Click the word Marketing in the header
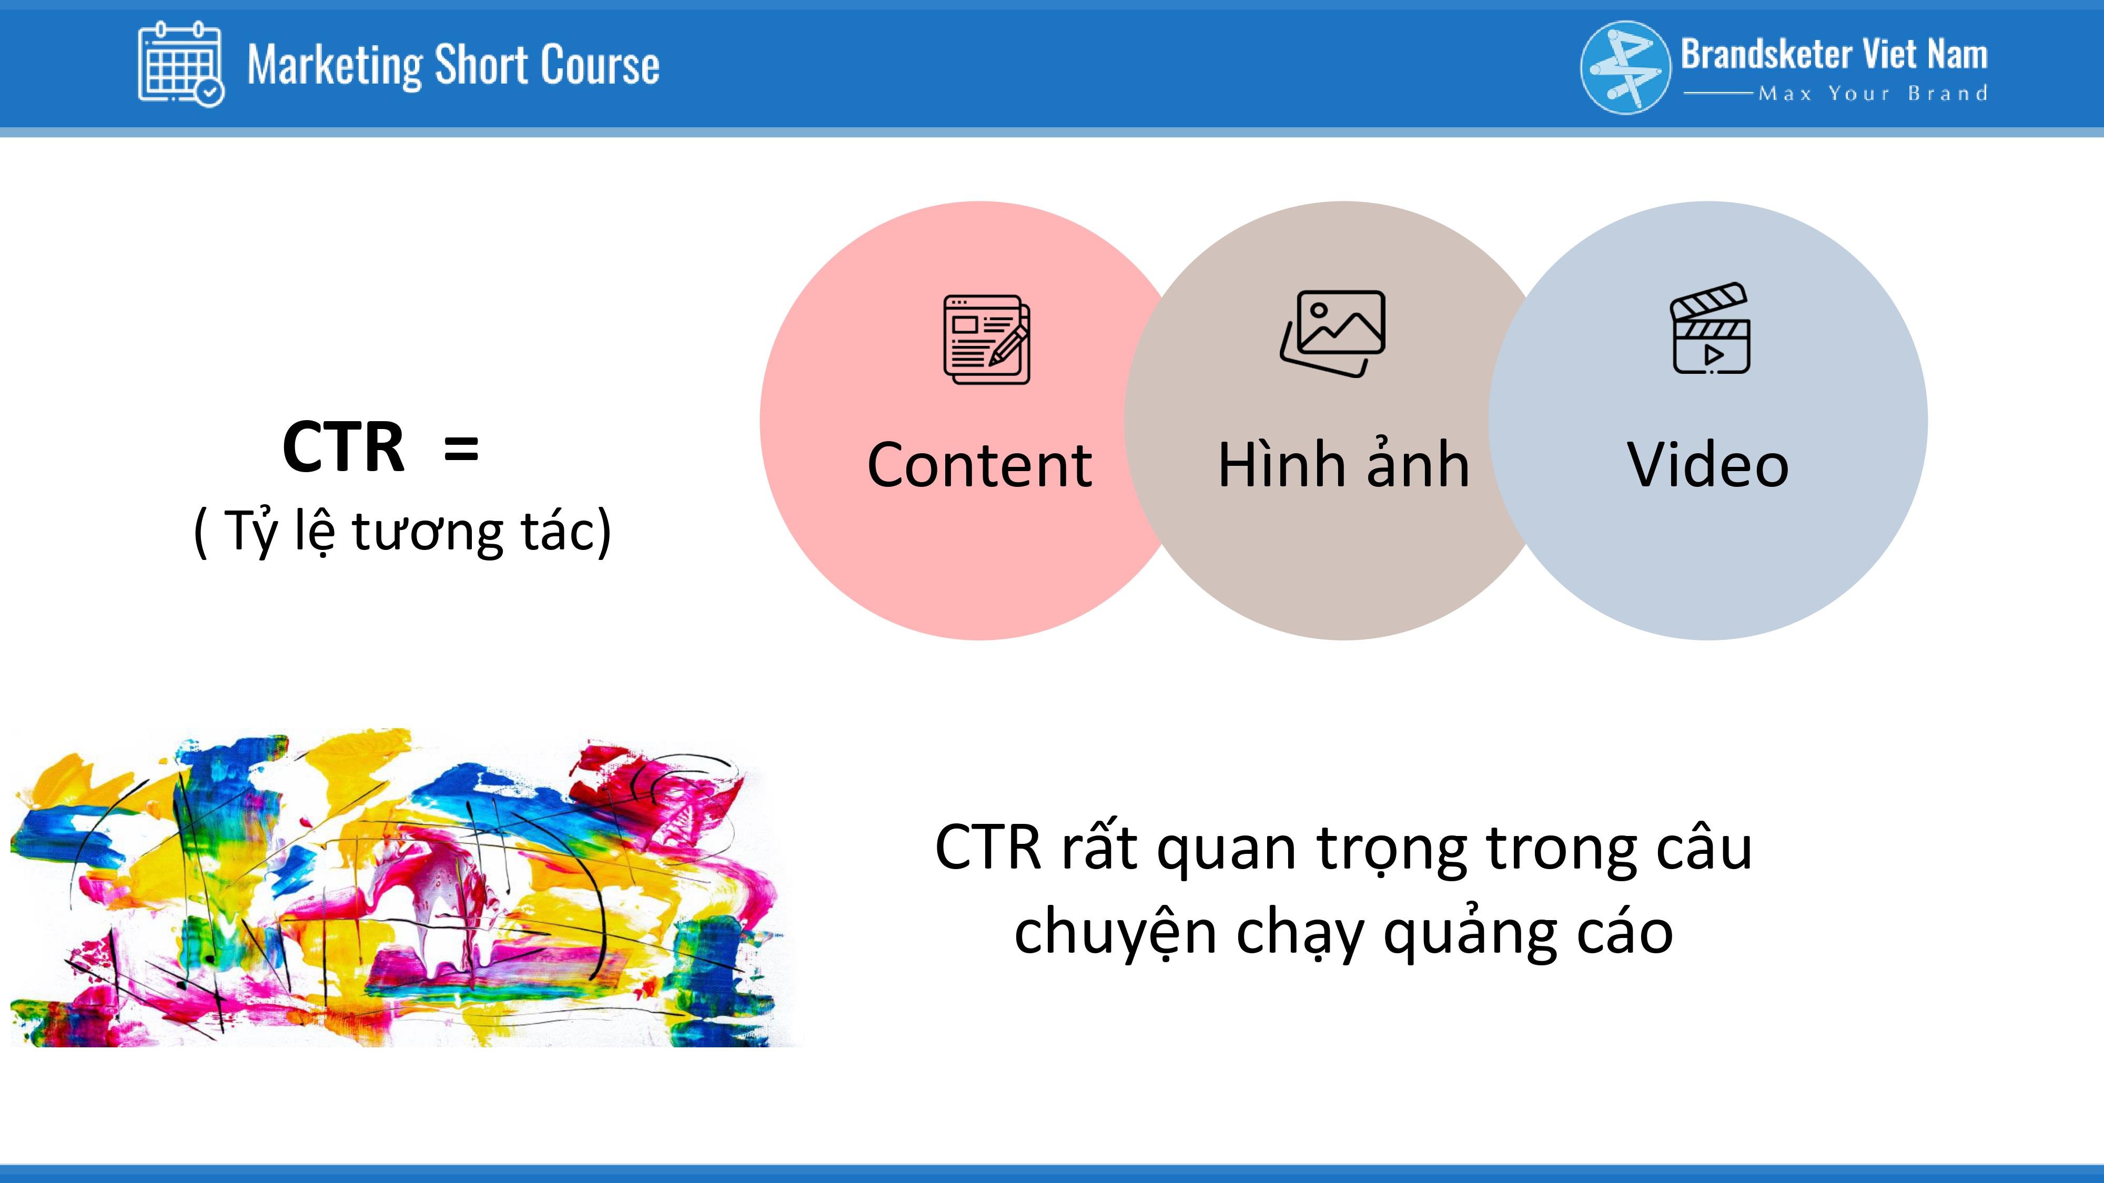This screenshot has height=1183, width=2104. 336,65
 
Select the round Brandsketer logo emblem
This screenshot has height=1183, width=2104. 1625,67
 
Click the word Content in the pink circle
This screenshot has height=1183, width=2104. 979,465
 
